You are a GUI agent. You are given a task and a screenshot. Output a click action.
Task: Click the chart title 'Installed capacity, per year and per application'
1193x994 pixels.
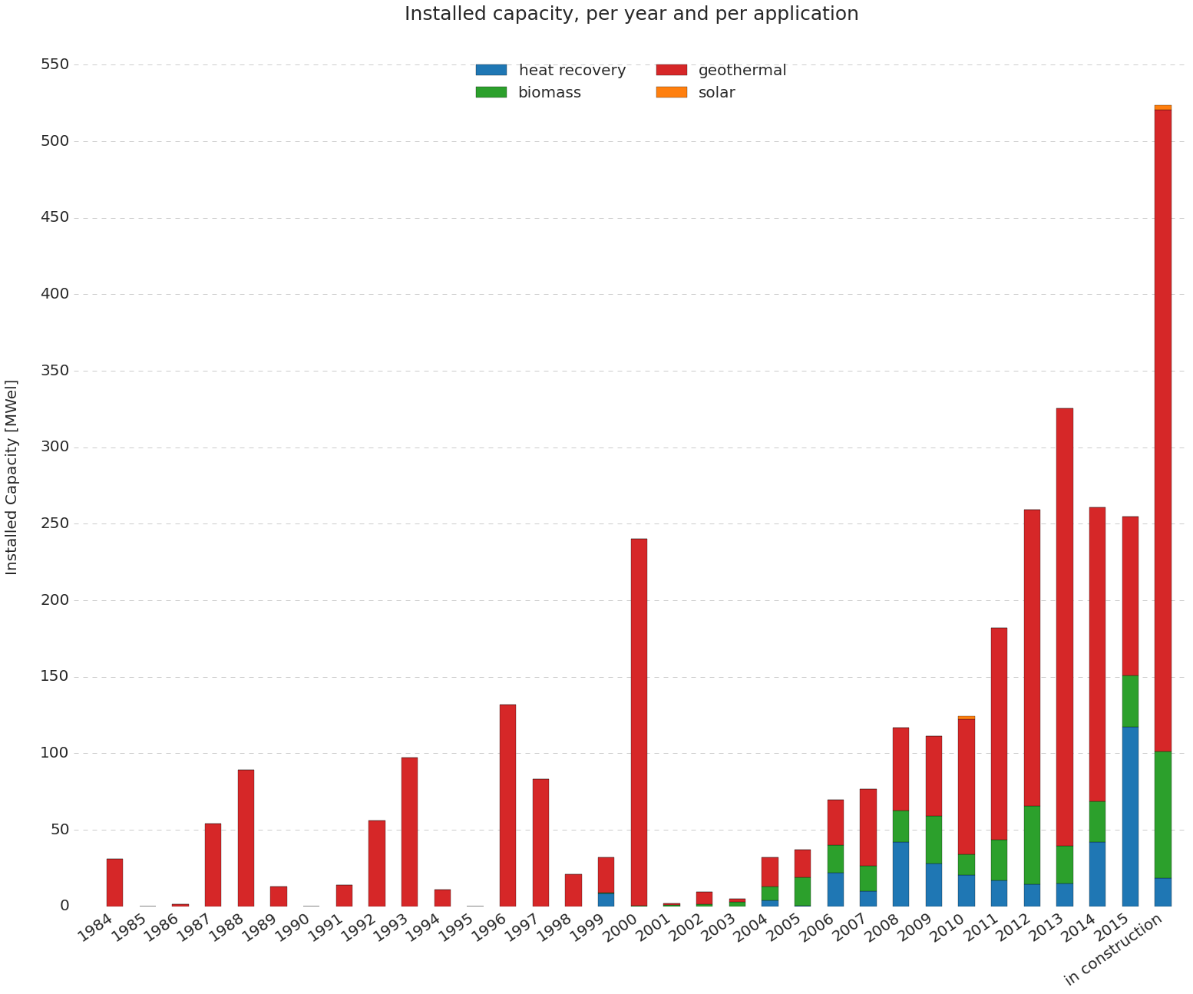(x=631, y=14)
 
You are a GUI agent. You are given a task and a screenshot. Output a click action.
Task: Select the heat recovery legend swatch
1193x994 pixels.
(x=491, y=70)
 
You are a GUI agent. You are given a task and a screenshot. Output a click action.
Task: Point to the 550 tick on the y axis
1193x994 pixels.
(x=55, y=64)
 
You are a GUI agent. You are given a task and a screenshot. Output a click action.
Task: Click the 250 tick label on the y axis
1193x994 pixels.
(x=55, y=523)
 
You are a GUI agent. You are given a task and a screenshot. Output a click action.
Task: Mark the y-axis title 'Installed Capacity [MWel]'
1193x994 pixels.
(x=12, y=477)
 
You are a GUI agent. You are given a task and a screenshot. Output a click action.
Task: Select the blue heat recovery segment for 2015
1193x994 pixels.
(x=1130, y=816)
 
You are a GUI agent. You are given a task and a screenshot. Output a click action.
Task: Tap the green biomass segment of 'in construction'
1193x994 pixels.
(x=1163, y=814)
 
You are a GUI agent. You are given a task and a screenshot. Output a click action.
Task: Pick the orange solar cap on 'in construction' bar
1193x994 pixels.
(x=1163, y=107)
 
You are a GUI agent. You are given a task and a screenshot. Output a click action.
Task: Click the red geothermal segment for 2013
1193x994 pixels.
(x=1065, y=626)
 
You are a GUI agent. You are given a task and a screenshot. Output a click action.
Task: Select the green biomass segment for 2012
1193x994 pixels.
(x=1032, y=844)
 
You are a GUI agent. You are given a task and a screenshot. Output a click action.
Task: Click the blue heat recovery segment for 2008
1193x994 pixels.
(x=901, y=873)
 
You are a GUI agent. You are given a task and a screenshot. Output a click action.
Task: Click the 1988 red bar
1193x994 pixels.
(x=246, y=837)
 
